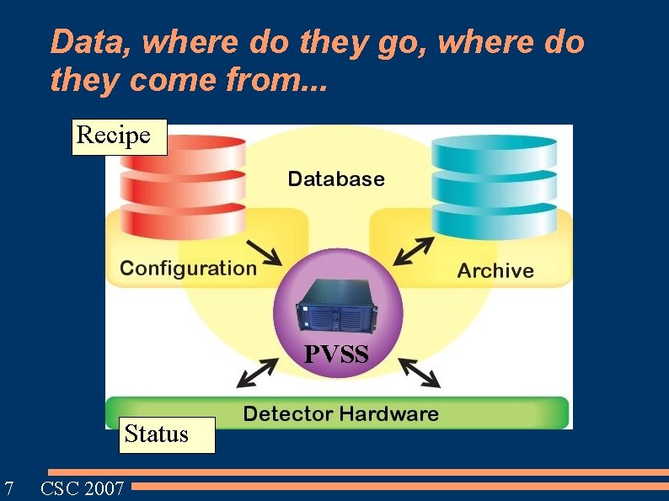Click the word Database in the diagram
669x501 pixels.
pos(336,179)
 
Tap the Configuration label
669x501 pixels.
pos(188,269)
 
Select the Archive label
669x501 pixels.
pos(495,270)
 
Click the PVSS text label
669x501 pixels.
pos(336,354)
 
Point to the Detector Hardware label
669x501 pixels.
pos(340,413)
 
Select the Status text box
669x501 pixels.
pos(157,434)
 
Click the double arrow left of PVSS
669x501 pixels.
pos(261,371)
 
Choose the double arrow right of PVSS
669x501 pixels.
pos(419,371)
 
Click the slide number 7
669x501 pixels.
pos(8,488)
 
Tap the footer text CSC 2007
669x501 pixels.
pos(83,488)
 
